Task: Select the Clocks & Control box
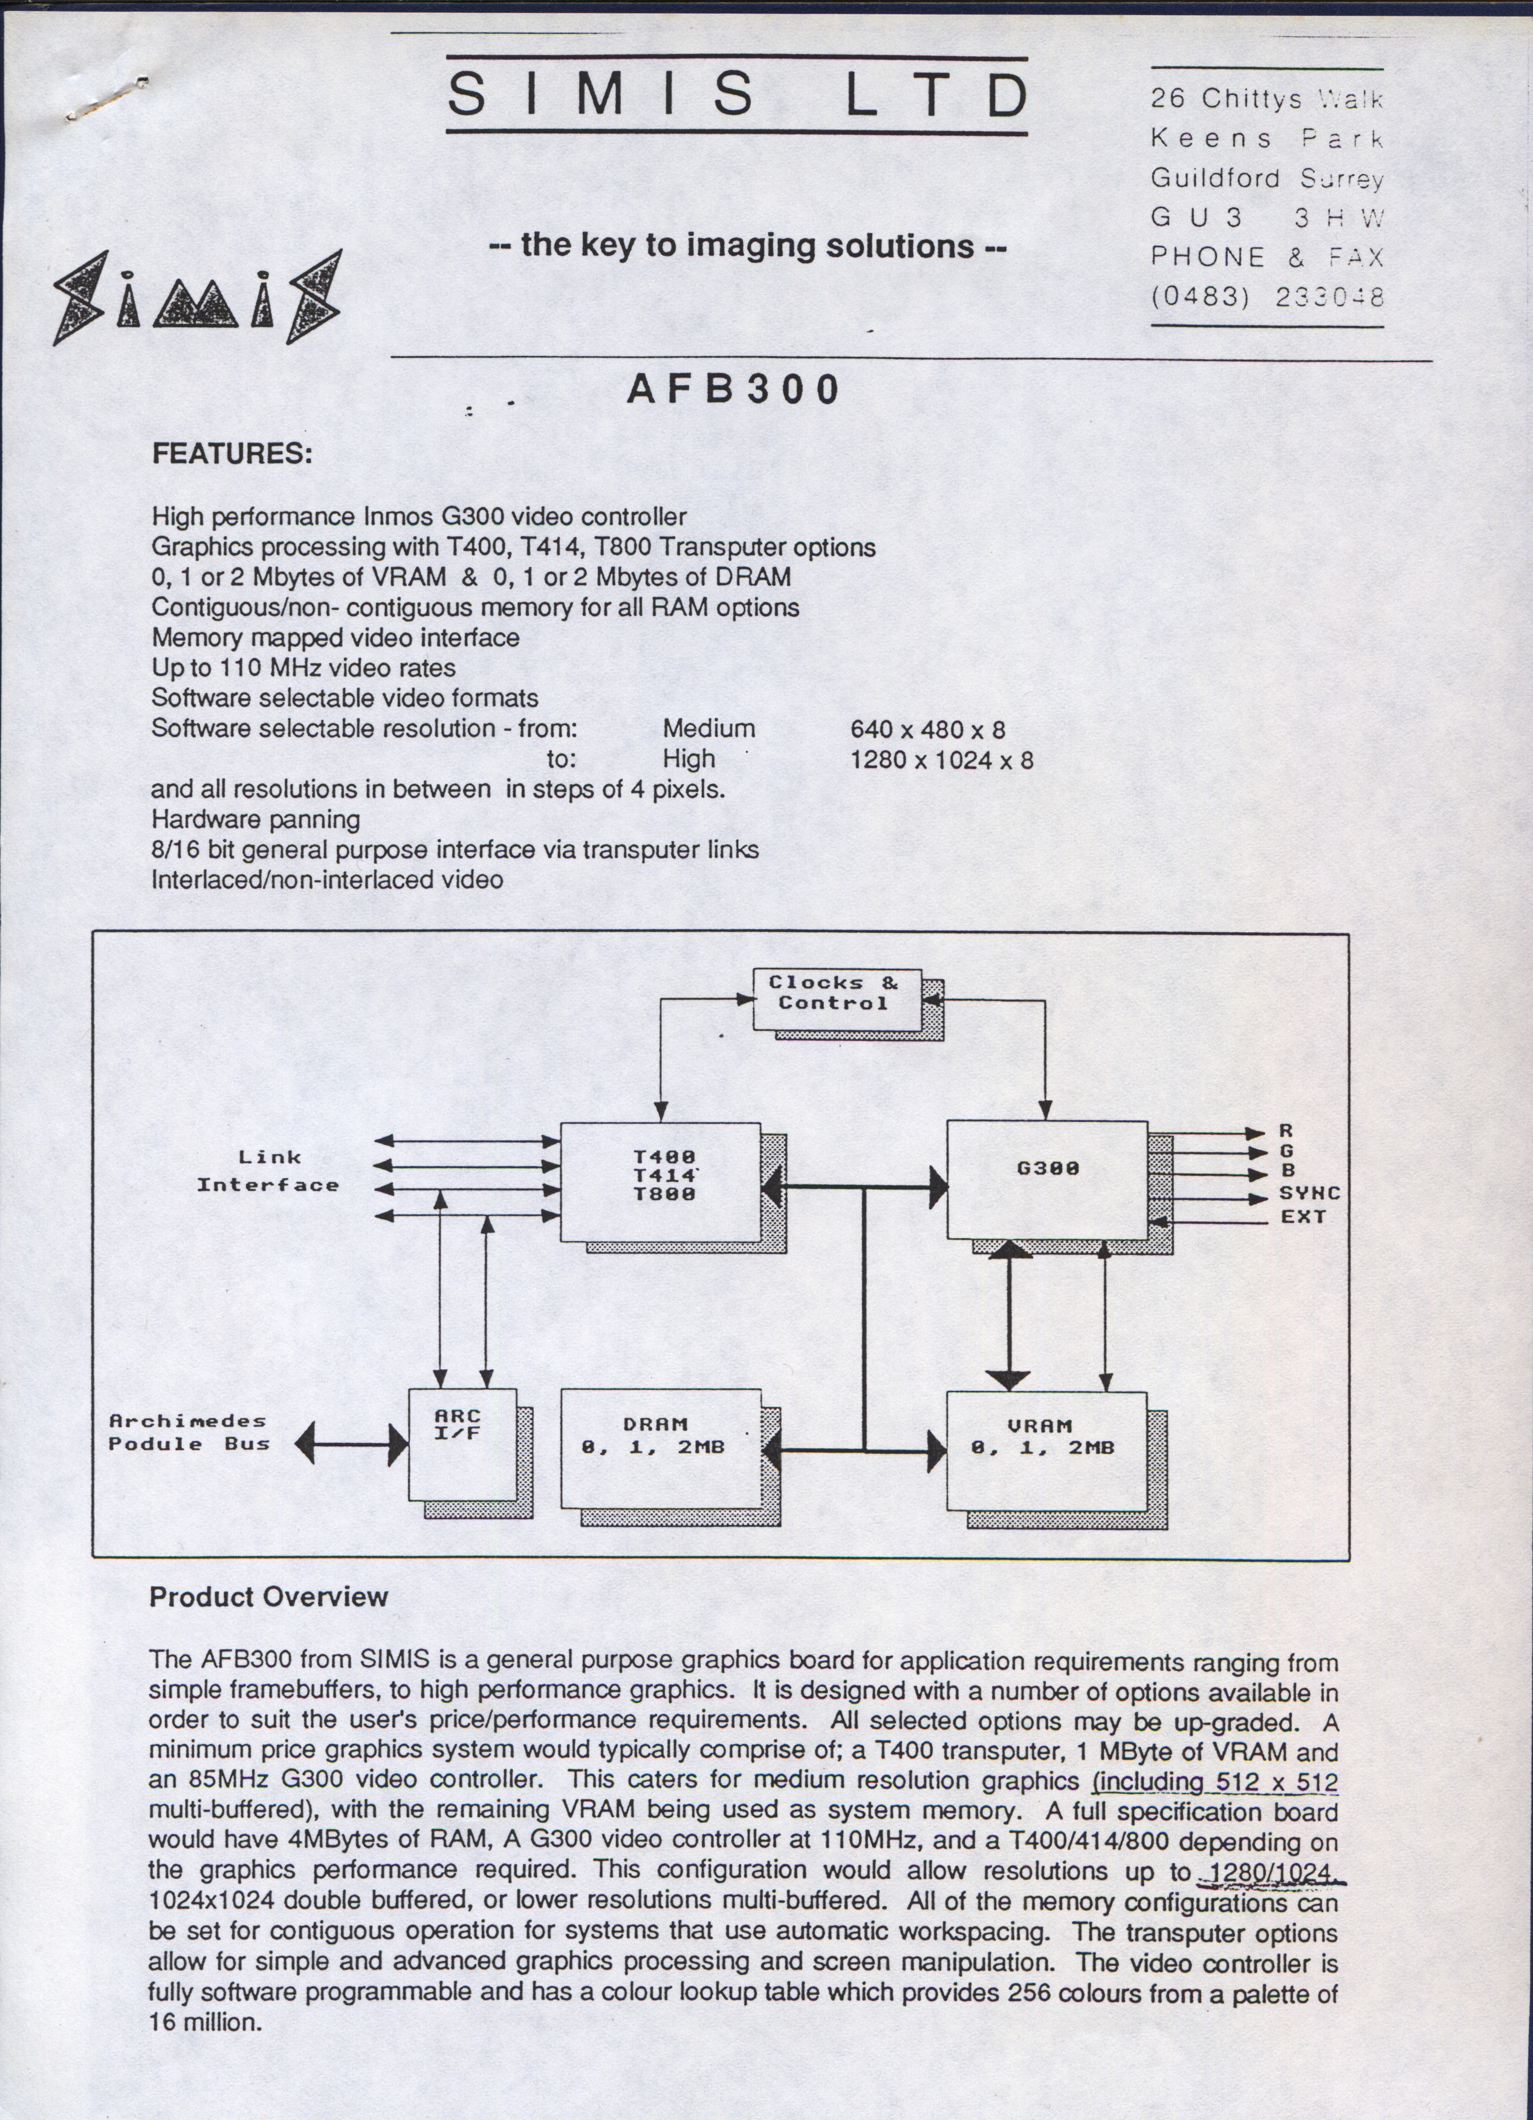click(x=838, y=1000)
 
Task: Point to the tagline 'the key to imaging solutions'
click(x=748, y=246)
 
